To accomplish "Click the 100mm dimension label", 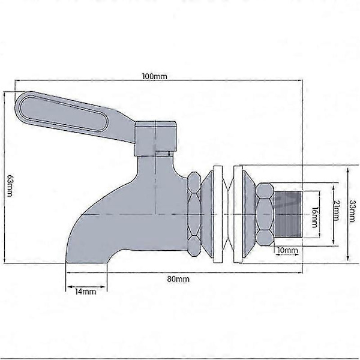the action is coord(155,76).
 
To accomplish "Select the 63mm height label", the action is coord(10,185).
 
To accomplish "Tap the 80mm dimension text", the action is coord(178,279).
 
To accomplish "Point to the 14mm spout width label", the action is coord(85,292).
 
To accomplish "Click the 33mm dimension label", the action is coord(352,211).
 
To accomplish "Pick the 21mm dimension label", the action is coord(337,211).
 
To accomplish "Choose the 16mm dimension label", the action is coord(314,217).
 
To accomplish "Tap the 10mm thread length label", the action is coord(287,250).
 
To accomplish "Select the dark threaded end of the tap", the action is coord(289,214).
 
